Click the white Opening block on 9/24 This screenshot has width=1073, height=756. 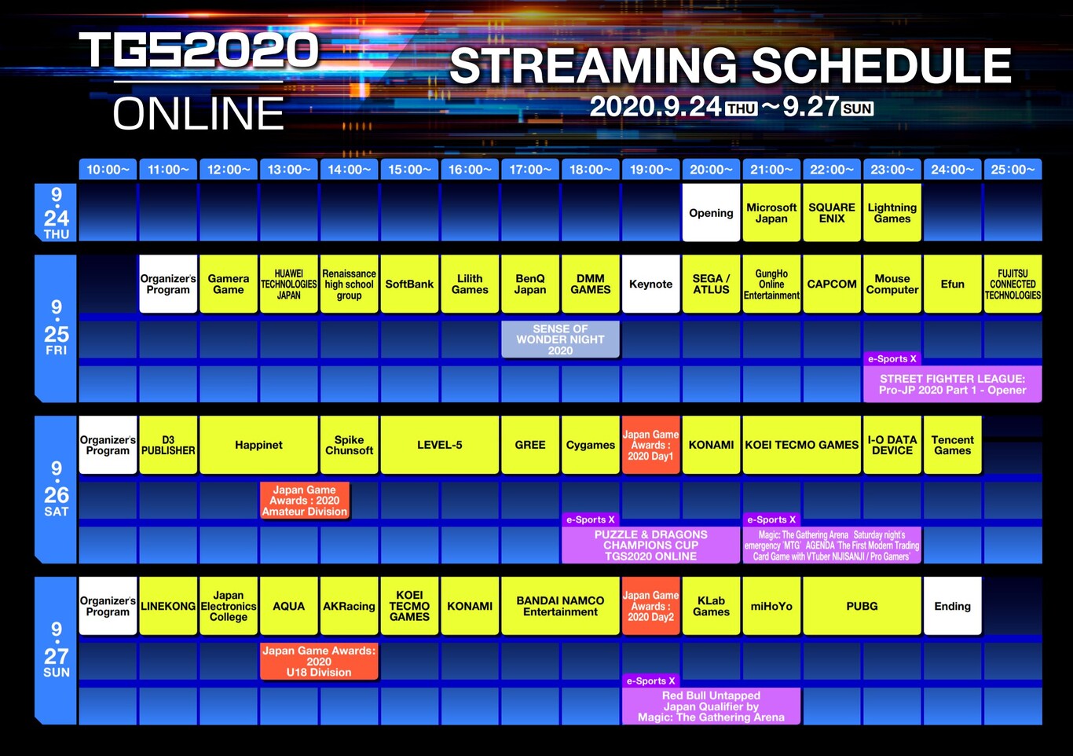click(x=711, y=213)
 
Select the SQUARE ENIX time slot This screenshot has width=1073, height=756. click(x=832, y=213)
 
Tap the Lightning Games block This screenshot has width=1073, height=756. click(x=892, y=213)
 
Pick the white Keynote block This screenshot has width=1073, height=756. click(x=650, y=284)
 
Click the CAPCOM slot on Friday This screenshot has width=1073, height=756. click(x=832, y=284)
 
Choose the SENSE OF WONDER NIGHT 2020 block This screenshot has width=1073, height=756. click(x=560, y=339)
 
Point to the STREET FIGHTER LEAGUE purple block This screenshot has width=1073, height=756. click(x=952, y=384)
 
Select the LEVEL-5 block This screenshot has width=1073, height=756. click(x=440, y=445)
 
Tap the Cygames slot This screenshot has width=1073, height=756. click(x=591, y=445)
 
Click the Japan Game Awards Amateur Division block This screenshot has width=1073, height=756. click(x=305, y=501)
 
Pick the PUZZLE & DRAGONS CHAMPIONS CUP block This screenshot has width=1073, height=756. click(x=650, y=545)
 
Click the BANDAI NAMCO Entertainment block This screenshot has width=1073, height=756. click(x=560, y=606)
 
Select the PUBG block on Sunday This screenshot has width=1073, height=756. click(x=862, y=606)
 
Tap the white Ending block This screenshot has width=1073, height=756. click(x=952, y=606)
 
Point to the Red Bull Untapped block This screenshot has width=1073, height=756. click(x=711, y=706)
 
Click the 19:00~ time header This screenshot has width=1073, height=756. click(x=650, y=170)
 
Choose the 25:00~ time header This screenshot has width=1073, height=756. click(x=1013, y=170)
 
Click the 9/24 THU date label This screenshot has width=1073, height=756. click(x=56, y=213)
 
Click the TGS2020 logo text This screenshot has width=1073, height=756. click(x=200, y=50)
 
